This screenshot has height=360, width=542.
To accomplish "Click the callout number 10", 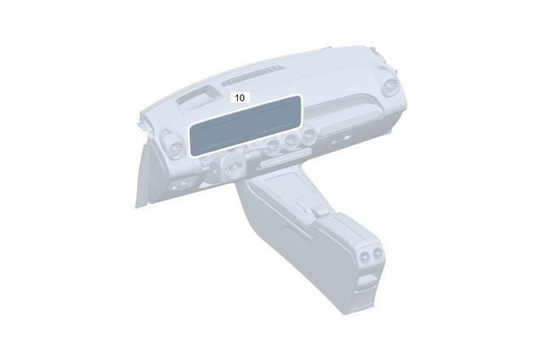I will (x=240, y=97).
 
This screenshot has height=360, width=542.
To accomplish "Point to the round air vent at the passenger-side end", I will (x=390, y=86).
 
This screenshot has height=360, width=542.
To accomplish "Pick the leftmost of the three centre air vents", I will (x=274, y=149).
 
